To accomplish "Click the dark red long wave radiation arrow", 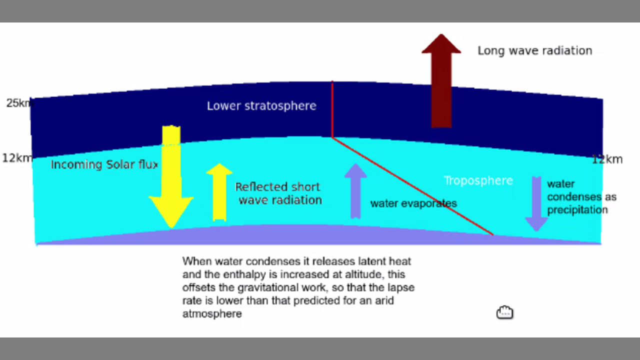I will pos(441,85).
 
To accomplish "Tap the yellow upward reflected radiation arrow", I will pos(219,192).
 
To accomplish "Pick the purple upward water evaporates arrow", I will pos(355,192).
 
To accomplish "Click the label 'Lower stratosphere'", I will pos(261,106).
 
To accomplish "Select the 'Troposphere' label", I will pos(478,180).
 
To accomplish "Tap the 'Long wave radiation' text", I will pos(534,50).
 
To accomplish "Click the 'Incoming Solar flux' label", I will pos(104,164).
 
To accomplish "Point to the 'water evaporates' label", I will pos(413,203).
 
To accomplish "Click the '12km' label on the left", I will pos(17,158).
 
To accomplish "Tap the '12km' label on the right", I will pos(607,159).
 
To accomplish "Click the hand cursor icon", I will pos(504,312).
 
